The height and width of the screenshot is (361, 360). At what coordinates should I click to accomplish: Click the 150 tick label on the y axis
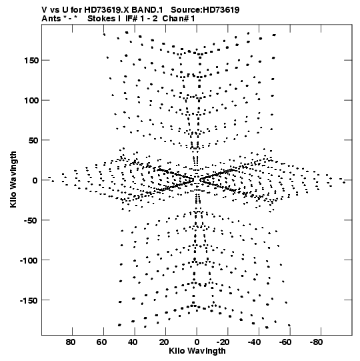click(31, 61)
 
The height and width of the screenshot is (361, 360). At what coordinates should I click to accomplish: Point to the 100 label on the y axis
click(31, 101)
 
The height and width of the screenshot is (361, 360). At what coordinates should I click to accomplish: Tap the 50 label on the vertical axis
click(33, 140)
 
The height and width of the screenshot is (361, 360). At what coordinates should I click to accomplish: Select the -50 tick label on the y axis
click(31, 221)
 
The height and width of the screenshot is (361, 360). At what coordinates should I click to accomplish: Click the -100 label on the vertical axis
click(29, 261)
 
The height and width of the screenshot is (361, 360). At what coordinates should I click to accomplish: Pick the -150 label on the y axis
click(29, 301)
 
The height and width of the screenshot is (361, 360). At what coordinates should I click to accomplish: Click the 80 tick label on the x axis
click(71, 342)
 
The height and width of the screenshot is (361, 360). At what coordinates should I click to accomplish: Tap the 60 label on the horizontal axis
click(101, 342)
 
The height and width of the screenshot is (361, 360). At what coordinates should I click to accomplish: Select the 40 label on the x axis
click(133, 342)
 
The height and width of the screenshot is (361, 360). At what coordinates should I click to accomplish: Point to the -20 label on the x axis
click(223, 342)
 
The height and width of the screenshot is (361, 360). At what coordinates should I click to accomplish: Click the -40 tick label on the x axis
click(254, 342)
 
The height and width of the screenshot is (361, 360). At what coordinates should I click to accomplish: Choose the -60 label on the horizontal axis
click(285, 342)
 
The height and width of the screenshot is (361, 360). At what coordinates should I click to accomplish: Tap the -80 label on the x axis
click(316, 342)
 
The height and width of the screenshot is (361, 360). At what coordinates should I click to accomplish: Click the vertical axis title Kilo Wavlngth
click(13, 179)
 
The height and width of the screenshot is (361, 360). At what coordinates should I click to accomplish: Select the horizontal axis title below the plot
click(197, 351)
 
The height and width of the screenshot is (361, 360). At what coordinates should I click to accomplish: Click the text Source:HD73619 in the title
click(205, 10)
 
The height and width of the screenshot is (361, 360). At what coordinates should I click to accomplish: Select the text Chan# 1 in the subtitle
click(179, 19)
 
